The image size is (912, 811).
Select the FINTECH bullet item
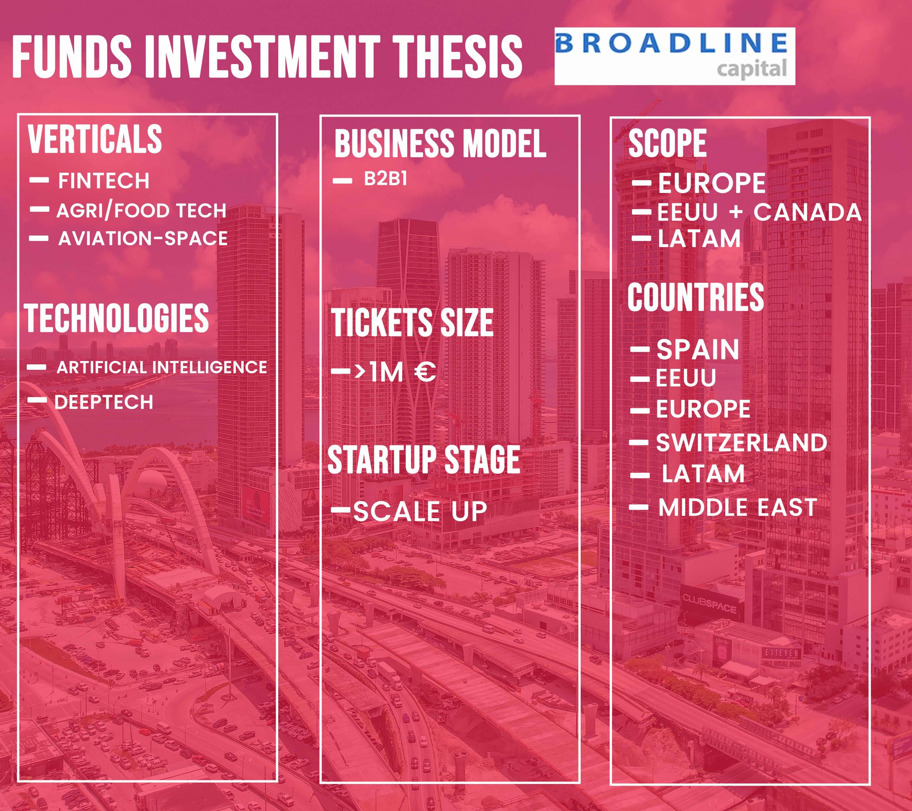tap(104, 180)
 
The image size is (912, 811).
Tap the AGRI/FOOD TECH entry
tap(141, 210)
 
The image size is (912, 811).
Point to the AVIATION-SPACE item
tap(143, 239)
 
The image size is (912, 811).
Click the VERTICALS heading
tap(95, 139)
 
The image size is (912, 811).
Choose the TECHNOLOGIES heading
tap(117, 318)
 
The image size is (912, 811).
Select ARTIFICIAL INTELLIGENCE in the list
tap(161, 367)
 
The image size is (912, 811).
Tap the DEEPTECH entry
tap(104, 402)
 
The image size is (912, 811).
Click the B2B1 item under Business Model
tap(385, 179)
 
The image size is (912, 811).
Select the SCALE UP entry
tap(419, 511)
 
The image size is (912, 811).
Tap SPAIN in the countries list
tap(698, 349)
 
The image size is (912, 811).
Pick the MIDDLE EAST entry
tap(737, 507)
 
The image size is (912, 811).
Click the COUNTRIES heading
tap(695, 297)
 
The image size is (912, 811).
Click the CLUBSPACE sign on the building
tap(709, 602)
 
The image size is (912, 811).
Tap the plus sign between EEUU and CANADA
tap(736, 212)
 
